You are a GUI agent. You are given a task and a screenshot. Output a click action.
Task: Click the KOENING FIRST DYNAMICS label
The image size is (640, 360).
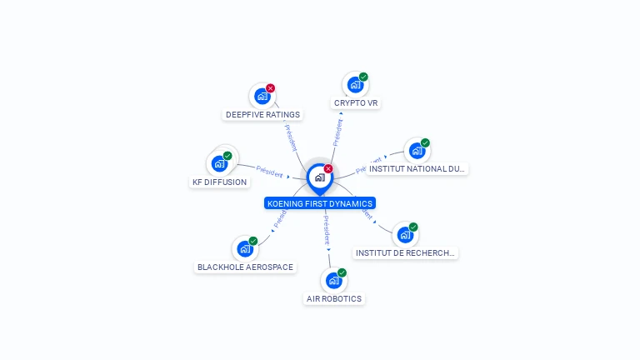point(320,203)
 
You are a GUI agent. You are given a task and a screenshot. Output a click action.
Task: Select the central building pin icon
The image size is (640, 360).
point(319,177)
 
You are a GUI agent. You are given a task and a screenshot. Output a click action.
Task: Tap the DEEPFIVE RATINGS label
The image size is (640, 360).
point(262,115)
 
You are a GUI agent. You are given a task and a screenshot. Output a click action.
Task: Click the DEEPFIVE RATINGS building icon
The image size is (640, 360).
point(262,96)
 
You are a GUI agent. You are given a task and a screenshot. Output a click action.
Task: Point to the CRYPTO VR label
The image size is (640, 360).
point(356,103)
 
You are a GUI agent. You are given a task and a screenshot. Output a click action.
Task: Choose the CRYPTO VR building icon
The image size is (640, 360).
point(356,84)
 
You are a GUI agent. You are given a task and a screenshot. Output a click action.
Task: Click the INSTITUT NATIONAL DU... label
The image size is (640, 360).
point(417,168)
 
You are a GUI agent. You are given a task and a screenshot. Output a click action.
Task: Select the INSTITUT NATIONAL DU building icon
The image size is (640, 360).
point(417,150)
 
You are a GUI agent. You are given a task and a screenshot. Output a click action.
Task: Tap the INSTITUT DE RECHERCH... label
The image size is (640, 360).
point(406,252)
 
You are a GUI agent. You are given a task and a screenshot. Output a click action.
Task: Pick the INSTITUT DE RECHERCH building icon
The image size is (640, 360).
point(405,234)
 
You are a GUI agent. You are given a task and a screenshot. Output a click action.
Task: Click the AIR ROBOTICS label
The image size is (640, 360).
point(334,298)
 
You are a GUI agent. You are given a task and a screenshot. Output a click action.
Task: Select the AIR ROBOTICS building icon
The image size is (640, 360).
point(333,280)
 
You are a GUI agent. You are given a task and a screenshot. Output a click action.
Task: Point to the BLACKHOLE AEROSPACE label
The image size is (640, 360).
point(245,267)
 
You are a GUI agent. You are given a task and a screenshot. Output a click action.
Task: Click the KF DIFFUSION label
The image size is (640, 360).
point(220,182)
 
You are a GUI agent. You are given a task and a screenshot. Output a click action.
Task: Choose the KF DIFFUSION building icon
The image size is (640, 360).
point(219,163)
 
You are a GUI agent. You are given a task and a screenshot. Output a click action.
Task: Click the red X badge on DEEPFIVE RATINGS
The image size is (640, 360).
point(271,88)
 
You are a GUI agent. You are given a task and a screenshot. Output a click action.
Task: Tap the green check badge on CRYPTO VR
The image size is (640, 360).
point(363,77)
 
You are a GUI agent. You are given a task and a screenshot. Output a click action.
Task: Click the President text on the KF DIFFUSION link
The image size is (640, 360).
point(269,171)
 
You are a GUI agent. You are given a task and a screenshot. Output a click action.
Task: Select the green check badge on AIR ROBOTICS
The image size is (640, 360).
point(342,272)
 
